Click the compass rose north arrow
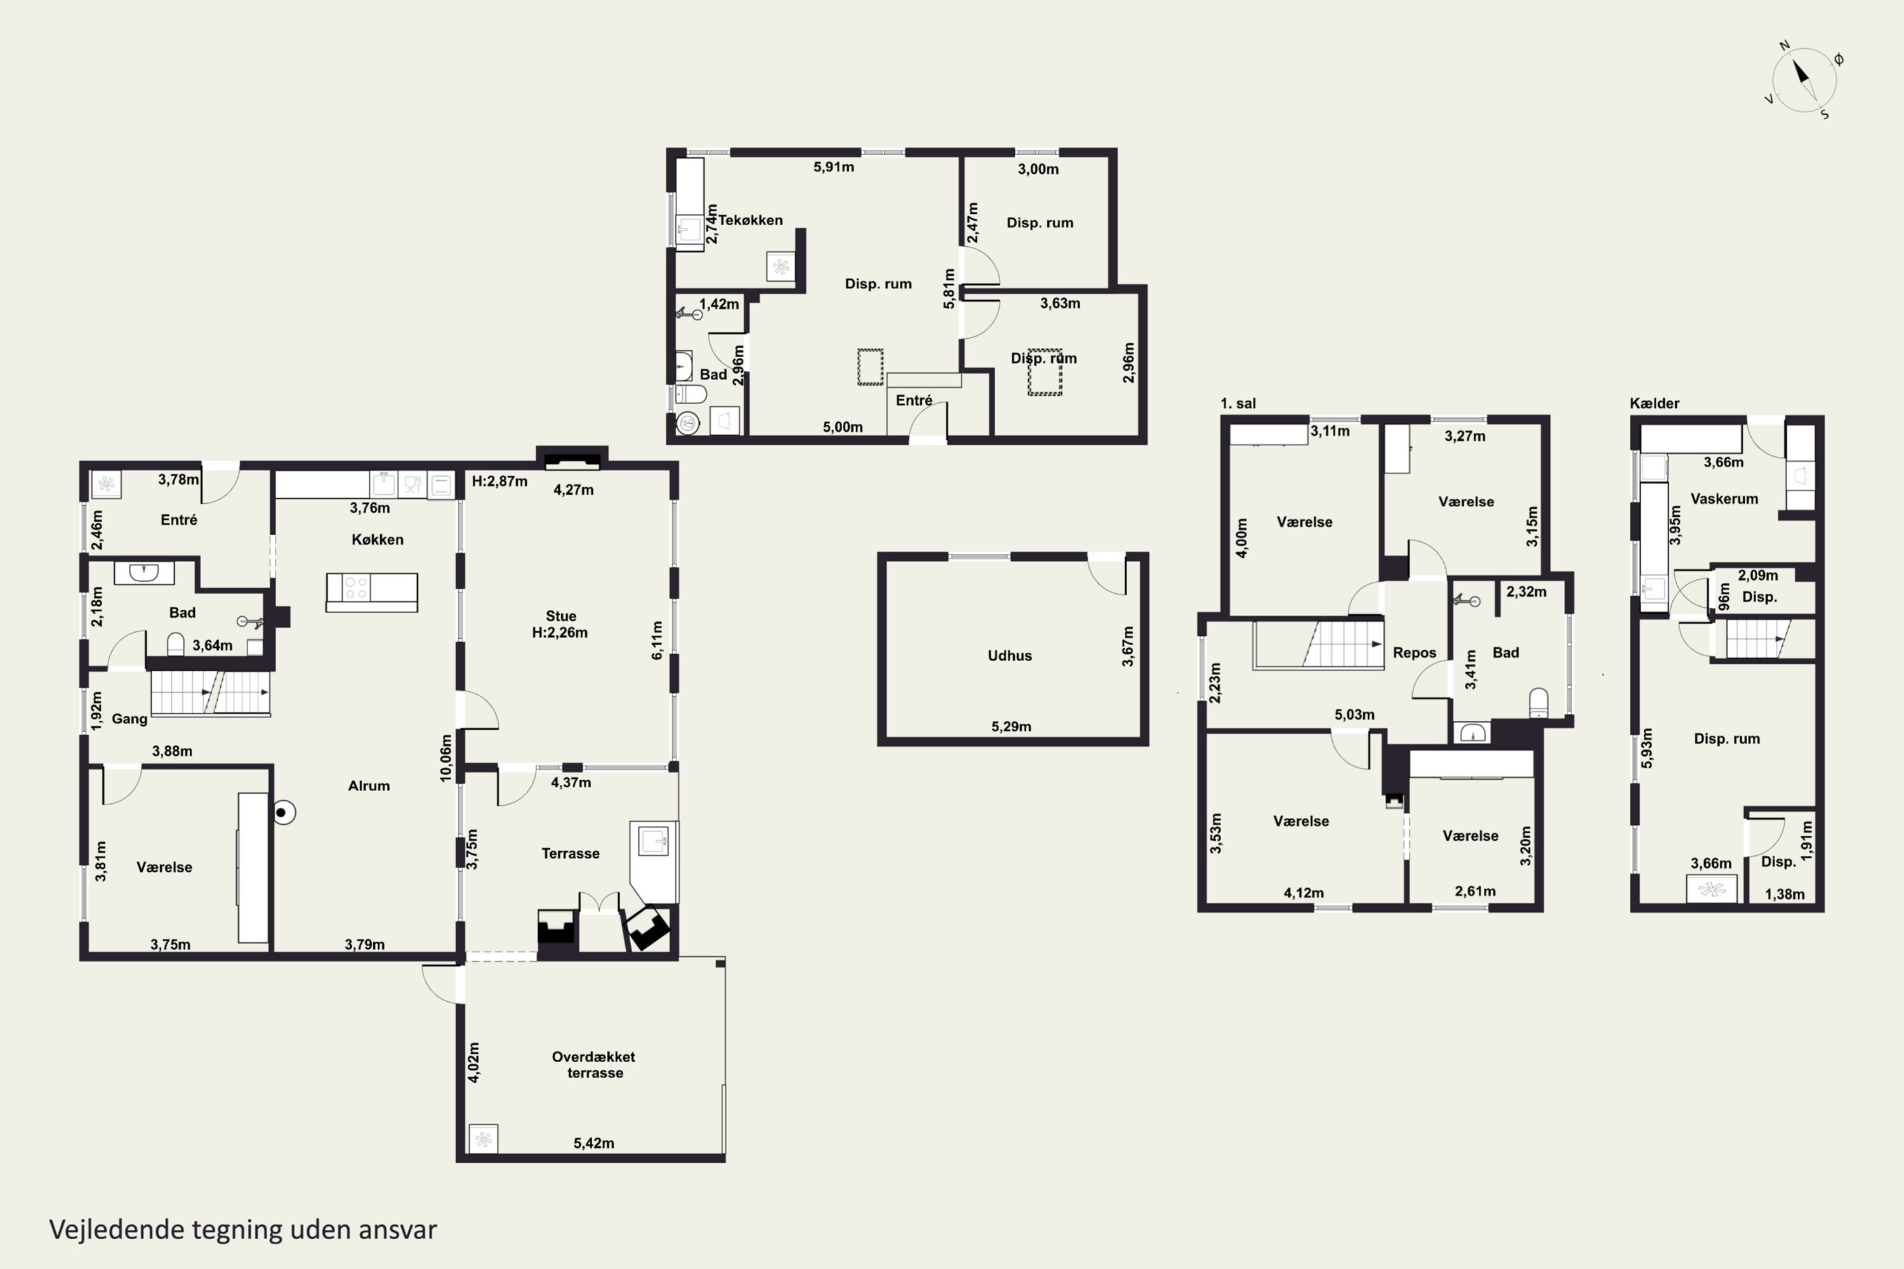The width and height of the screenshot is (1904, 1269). coord(1801,72)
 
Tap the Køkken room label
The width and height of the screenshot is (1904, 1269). coord(377,539)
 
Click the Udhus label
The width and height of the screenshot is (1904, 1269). coord(1010,655)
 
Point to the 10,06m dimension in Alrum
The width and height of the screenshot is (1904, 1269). coord(446,758)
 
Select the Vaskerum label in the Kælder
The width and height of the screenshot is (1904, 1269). coord(1724,499)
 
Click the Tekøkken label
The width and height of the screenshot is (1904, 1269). coord(750,220)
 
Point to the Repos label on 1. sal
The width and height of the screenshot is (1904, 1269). coord(1414,652)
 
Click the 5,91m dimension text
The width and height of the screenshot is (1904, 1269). coord(834,167)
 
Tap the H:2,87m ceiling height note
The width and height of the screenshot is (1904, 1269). coord(499,481)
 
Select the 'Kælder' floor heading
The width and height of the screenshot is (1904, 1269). coord(1655,403)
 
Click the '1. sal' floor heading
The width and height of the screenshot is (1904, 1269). coord(1238,403)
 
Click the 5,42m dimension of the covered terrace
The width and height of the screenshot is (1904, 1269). coord(594,1143)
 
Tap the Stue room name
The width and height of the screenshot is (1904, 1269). coord(560,616)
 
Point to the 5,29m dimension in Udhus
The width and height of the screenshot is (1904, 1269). coord(1011,726)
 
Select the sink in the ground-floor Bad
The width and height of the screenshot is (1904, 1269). coord(144,573)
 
